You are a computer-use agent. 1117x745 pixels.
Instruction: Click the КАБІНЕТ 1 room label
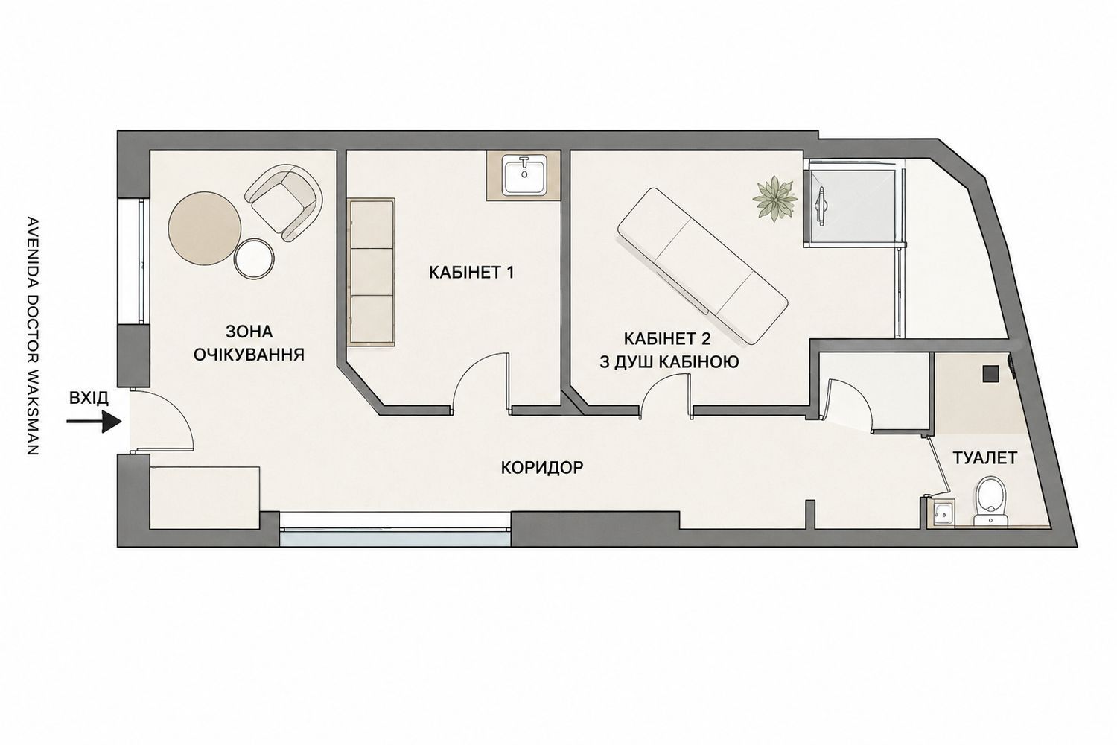(471, 273)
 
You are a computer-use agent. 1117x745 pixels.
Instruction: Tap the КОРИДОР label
(541, 468)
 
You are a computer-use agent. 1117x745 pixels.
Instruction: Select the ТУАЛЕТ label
(985, 457)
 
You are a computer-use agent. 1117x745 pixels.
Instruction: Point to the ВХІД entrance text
(89, 398)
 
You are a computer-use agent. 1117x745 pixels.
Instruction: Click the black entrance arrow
(95, 422)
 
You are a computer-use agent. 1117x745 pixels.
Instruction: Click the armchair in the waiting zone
(284, 202)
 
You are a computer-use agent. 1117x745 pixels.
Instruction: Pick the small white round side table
(254, 259)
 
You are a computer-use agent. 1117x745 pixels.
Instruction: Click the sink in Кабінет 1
(524, 174)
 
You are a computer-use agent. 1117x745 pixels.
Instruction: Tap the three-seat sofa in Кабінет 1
(372, 272)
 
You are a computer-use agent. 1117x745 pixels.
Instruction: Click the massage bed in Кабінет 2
(703, 265)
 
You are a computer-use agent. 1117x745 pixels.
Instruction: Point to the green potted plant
(774, 199)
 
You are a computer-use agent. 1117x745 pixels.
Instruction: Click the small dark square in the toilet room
(990, 373)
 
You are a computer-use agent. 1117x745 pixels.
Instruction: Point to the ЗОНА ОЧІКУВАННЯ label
(249, 343)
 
